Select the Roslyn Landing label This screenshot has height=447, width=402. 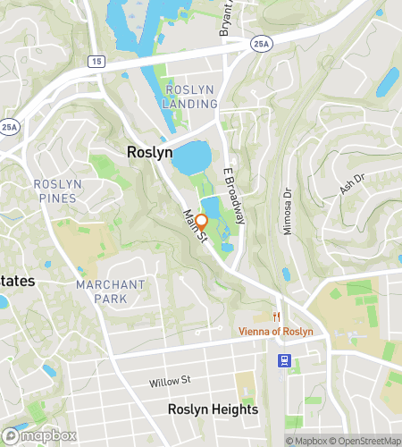pos(189,97)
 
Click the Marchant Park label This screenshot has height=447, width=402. pos(111,291)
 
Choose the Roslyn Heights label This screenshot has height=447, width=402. pos(213,409)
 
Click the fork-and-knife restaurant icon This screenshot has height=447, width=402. pos(277,317)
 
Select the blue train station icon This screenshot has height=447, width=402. pos(284,360)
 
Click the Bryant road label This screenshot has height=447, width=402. pos(225,18)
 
